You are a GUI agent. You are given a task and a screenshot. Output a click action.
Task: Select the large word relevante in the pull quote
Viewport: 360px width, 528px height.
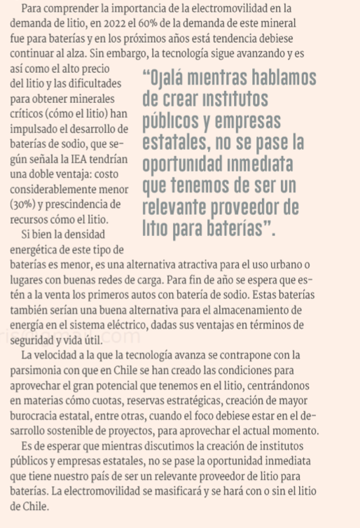[185, 209]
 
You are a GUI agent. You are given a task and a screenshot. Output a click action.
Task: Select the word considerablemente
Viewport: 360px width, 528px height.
[57, 190]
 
